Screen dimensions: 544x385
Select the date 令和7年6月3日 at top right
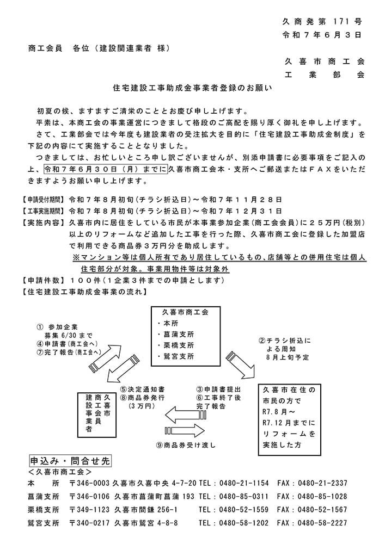point(322,35)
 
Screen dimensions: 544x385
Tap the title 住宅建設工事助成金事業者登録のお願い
point(192,87)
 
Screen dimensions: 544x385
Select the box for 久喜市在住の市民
point(289,418)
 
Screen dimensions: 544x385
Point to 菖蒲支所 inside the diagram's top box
point(175,335)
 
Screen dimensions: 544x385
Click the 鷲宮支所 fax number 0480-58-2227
point(323,523)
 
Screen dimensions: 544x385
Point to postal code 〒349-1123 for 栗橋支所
point(90,510)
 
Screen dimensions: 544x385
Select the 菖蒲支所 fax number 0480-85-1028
point(323,496)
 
